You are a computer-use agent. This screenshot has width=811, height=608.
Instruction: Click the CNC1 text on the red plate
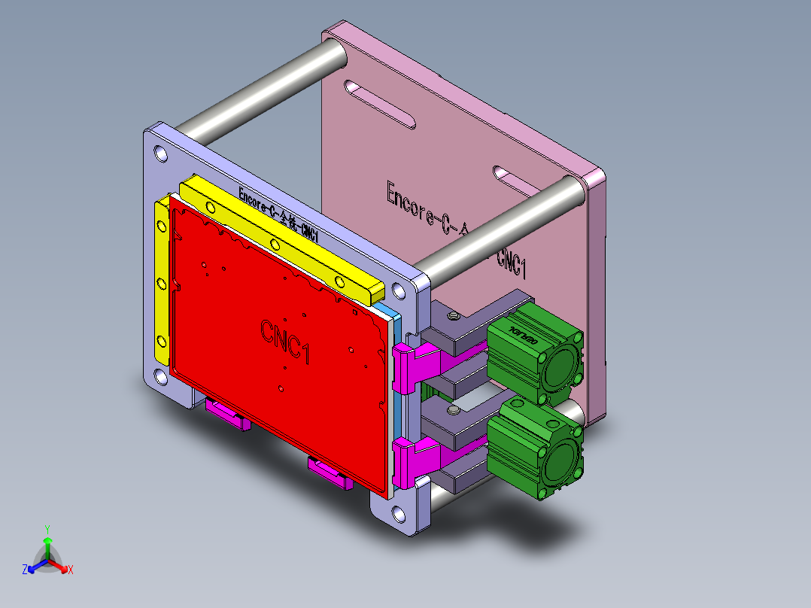click(286, 341)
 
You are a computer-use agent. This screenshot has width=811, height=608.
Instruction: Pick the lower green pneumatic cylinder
click(534, 445)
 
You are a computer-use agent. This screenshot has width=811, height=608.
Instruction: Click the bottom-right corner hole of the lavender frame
click(397, 515)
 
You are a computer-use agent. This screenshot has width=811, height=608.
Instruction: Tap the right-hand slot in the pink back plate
click(524, 180)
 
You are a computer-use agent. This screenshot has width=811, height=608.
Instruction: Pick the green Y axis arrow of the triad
click(47, 543)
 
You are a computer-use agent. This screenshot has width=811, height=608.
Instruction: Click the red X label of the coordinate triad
click(71, 570)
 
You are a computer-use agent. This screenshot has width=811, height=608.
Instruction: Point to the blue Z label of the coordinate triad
click(25, 570)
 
